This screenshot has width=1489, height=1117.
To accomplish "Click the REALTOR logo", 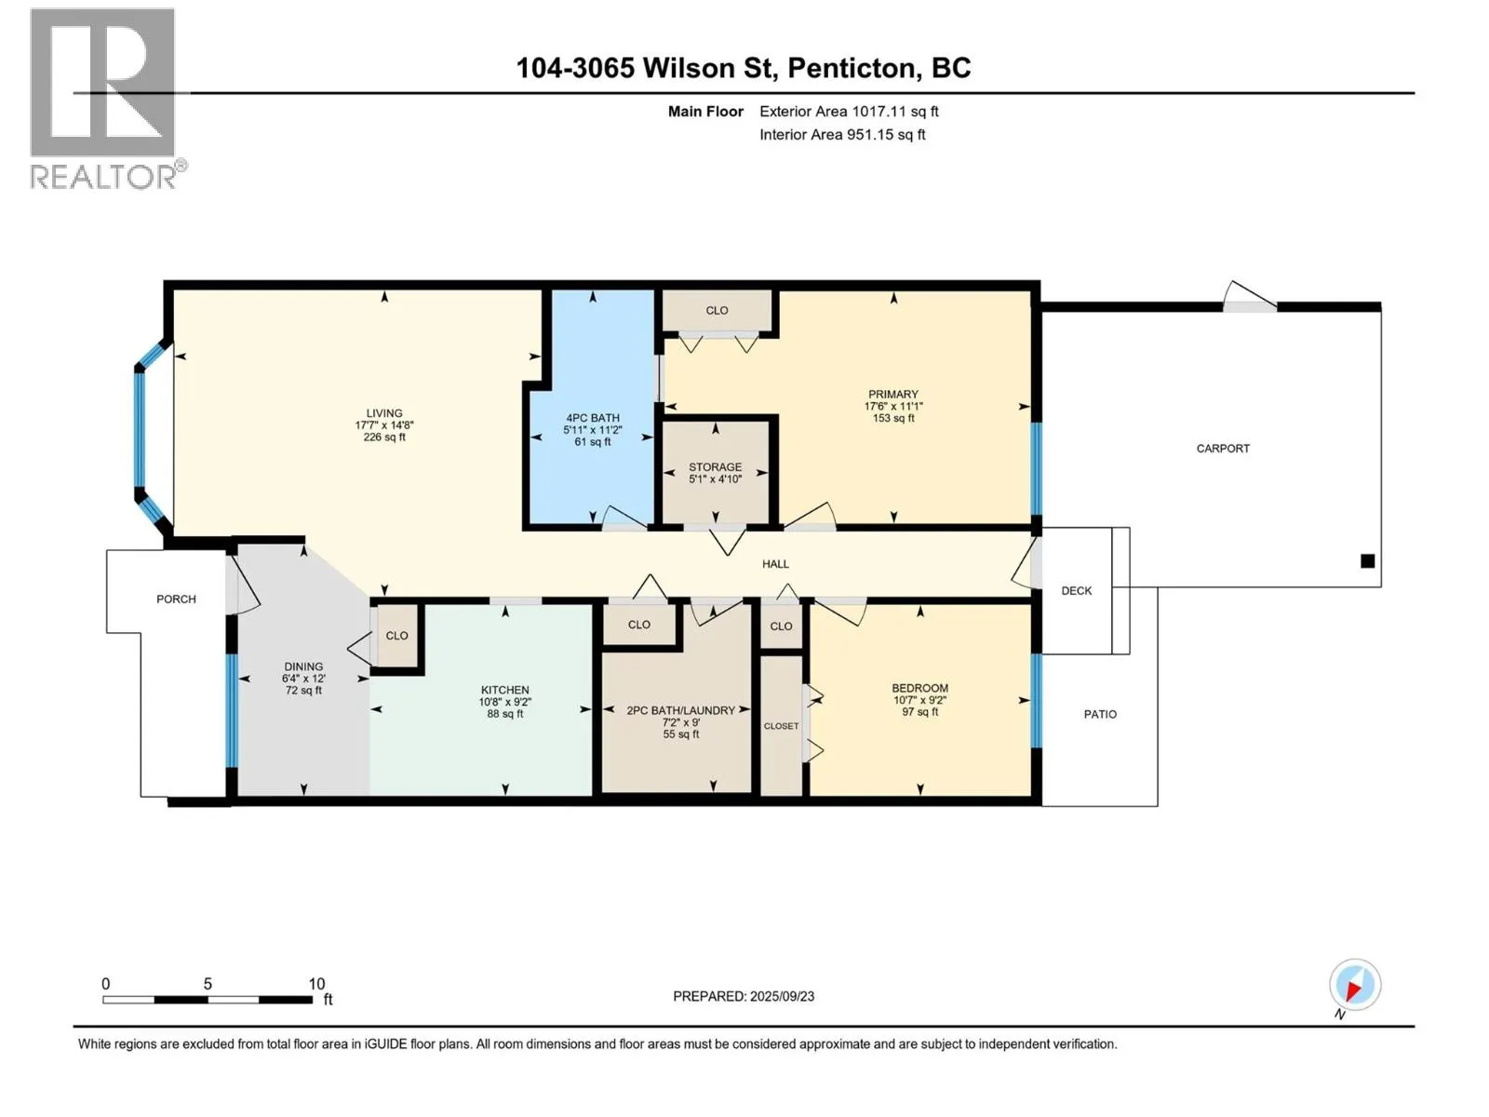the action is tap(108, 99).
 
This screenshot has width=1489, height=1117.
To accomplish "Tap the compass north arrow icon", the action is tap(1354, 985).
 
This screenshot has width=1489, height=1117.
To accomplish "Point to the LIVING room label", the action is tap(384, 413).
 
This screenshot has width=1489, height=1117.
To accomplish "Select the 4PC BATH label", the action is tap(592, 418).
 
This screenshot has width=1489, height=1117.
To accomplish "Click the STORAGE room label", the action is tap(715, 466).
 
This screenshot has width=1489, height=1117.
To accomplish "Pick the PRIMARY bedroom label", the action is tap(892, 394).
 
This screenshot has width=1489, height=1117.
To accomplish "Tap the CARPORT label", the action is tap(1223, 449).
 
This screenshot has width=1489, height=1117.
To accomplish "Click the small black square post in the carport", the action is tap(1368, 561).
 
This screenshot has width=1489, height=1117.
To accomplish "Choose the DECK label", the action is tap(1077, 591).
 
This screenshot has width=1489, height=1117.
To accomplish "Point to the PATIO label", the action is tap(1100, 714).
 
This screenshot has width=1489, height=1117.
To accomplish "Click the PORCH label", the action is tap(176, 599).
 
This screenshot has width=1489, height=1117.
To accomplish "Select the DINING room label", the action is tap(303, 666).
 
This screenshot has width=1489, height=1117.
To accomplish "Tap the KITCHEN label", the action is tap(504, 690).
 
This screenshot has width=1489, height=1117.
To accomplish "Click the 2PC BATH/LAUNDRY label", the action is tap(680, 710).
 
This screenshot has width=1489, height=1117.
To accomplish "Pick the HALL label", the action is tap(775, 563).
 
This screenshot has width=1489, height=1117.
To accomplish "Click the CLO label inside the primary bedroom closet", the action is tap(717, 310).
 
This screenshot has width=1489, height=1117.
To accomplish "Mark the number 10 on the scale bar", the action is tap(316, 983).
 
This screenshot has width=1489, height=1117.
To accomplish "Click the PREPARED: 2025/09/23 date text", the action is tap(744, 996).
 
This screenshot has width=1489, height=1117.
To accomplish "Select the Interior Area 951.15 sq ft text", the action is tap(842, 134).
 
